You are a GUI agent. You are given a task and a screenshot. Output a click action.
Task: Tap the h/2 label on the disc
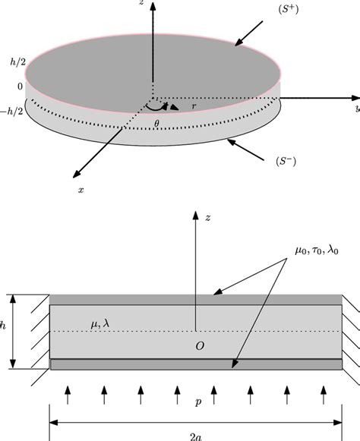point(12,68)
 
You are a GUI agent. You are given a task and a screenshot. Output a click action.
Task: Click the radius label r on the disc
point(194,108)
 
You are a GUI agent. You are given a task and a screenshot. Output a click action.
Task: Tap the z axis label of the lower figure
point(207,218)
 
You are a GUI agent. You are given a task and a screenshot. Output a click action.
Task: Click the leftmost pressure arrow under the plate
point(68,395)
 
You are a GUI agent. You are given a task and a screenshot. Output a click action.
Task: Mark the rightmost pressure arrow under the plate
point(324,395)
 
